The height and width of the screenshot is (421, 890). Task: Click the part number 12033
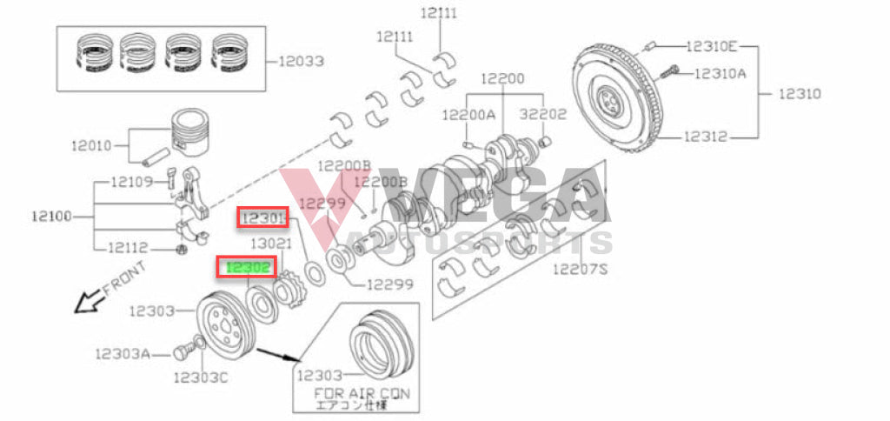(301, 62)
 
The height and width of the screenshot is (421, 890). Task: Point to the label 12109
(131, 182)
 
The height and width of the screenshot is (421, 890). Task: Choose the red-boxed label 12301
(262, 217)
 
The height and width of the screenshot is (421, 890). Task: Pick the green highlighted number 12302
(248, 268)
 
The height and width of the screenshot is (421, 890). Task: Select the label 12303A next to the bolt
(123, 353)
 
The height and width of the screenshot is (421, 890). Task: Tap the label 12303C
(200, 378)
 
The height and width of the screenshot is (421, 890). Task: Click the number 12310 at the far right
(799, 93)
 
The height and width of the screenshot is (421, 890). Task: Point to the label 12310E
(712, 45)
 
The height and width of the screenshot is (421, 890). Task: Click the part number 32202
(543, 114)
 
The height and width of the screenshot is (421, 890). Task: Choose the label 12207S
(581, 269)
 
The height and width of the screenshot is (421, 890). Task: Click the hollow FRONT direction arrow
(85, 302)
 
